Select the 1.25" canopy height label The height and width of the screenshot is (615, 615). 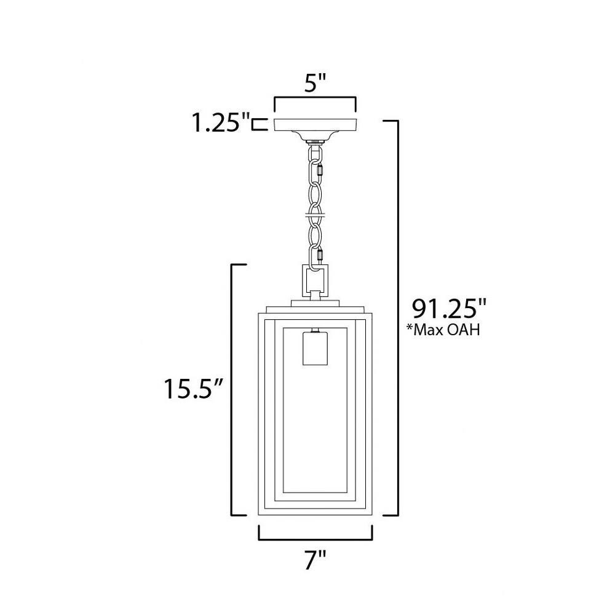(221, 122)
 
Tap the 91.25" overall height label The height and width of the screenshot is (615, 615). (449, 309)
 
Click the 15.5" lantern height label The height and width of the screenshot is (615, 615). (193, 389)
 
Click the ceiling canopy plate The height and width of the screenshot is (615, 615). (315, 125)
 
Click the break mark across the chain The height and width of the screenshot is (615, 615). (315, 215)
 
